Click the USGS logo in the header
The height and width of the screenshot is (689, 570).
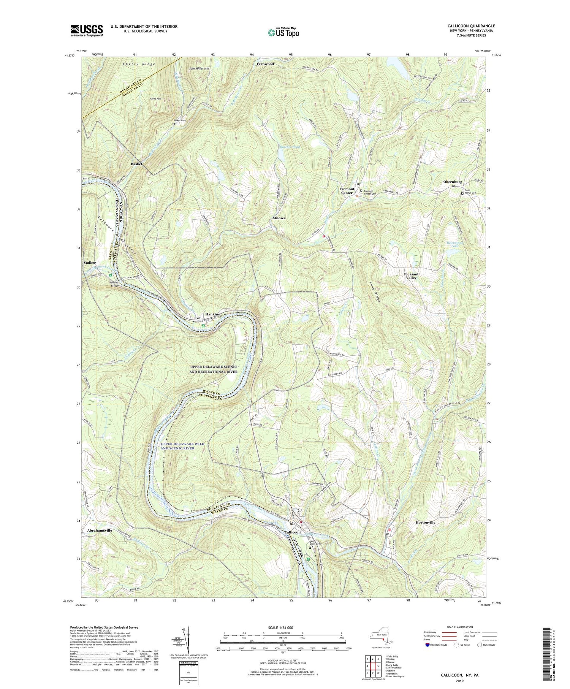point(86,30)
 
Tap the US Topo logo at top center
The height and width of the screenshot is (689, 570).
point(283,32)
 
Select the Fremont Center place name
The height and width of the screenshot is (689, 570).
point(347,191)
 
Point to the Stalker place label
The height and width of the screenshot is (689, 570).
point(90,263)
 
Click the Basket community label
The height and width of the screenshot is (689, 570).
point(136,164)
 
